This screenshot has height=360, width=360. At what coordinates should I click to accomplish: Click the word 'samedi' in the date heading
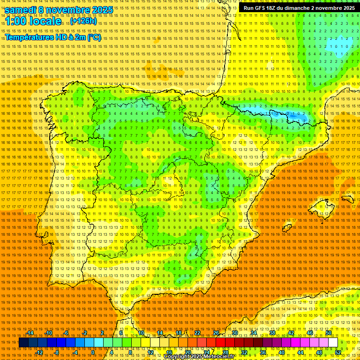pos(21,10)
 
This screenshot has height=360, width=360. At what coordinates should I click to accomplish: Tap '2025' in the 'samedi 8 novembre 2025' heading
pos(100,10)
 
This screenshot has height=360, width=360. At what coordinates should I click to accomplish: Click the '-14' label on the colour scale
pos(30,333)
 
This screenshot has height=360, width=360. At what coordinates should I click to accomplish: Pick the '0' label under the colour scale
pos(93,352)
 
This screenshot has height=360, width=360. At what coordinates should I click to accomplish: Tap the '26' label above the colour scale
pos(216,333)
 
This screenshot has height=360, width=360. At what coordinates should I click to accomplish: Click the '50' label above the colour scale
pos(329,333)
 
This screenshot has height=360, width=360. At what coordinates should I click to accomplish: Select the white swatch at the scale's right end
pos(333,343)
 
